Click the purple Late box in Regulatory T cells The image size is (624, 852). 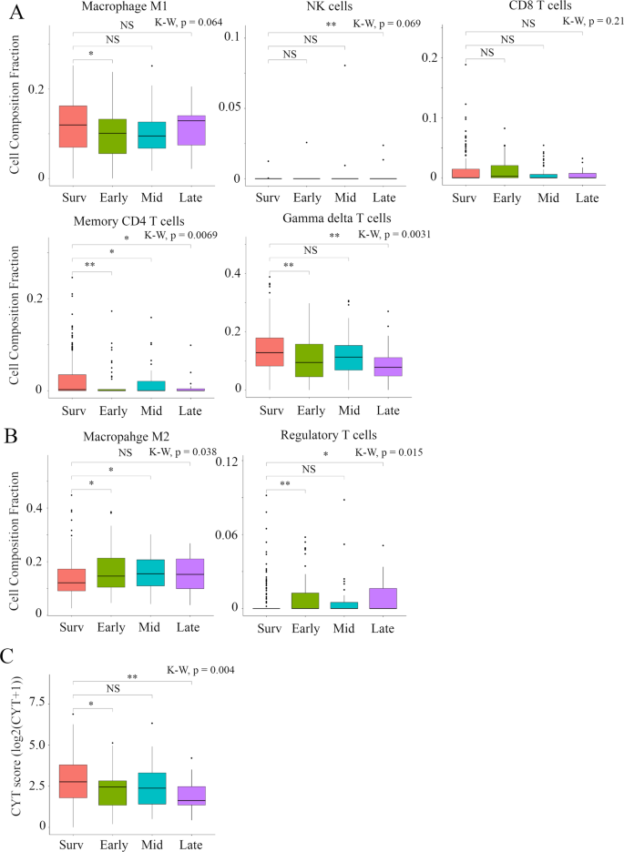tap(383, 597)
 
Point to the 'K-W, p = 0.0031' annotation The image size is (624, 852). tap(394, 235)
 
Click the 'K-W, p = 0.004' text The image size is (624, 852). tap(200, 670)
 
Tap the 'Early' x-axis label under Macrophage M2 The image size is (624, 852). tap(111, 627)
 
